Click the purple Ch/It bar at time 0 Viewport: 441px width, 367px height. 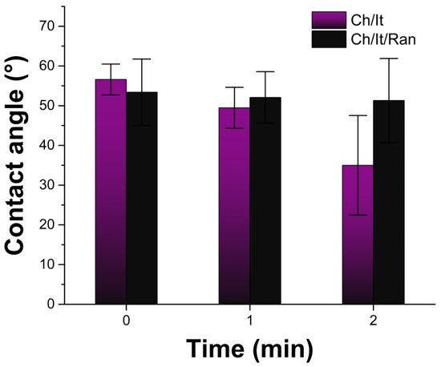(111, 192)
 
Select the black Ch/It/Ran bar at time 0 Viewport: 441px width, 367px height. (142, 198)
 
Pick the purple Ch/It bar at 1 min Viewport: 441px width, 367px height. (234, 206)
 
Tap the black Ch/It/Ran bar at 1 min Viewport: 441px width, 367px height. (265, 200)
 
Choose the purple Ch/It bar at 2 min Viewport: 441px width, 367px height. (358, 235)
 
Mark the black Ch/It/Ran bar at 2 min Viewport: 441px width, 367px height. (389, 202)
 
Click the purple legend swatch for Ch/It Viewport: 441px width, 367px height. (329, 20)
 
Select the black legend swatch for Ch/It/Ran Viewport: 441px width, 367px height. (329, 39)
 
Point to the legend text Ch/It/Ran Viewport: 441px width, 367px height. (383, 39)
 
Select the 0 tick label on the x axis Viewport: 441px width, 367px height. (126, 320)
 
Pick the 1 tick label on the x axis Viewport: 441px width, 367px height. (249, 320)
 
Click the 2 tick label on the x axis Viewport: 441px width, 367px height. (373, 320)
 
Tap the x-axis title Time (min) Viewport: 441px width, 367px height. (249, 349)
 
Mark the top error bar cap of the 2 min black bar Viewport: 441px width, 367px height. (389, 58)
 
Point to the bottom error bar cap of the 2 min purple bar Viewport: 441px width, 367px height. (358, 215)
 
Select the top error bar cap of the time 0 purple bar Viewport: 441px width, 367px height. (111, 64)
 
